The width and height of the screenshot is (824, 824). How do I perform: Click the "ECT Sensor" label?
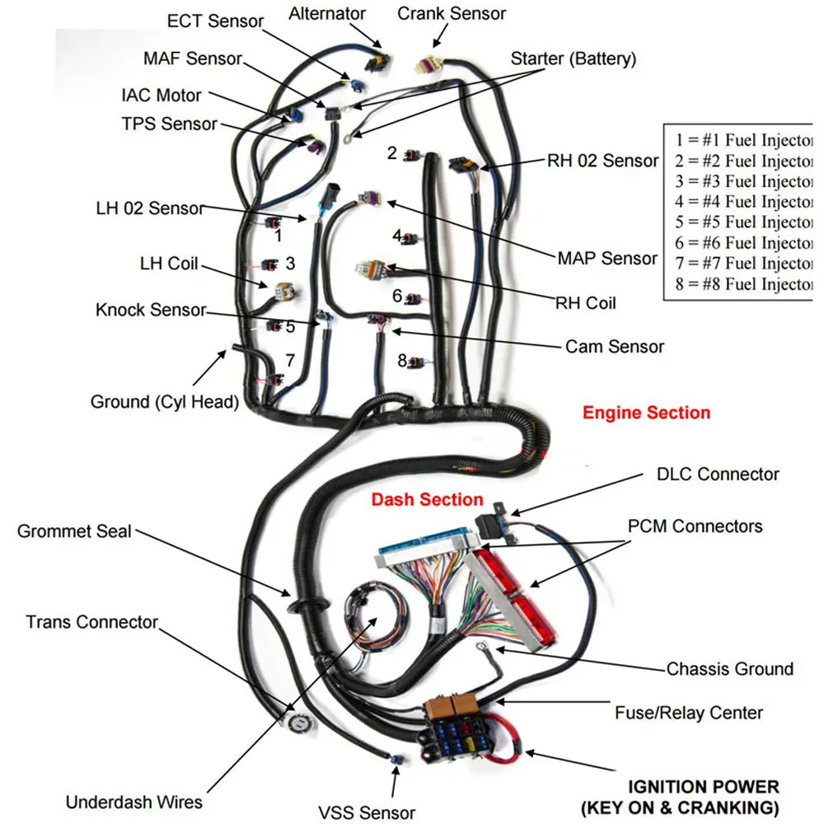215,21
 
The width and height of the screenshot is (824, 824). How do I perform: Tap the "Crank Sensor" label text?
452,14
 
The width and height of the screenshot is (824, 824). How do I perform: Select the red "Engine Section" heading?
646,413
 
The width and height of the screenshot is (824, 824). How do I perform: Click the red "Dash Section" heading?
427,499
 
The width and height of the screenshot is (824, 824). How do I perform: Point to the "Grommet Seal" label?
74,531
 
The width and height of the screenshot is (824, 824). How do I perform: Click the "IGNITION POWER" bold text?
704,787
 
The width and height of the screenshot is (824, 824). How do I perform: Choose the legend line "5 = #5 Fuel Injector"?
743,222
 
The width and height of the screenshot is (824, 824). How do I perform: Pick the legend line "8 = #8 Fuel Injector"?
743,283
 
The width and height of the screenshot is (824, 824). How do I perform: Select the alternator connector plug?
378,62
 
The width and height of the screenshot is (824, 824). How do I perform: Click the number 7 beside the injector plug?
290,361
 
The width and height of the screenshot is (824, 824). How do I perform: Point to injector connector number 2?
413,156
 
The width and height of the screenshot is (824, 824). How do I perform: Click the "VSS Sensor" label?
367,812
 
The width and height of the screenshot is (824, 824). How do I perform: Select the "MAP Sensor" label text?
607,258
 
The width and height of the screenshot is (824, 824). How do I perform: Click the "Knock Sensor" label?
151,310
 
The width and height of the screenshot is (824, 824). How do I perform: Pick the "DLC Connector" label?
718,474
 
